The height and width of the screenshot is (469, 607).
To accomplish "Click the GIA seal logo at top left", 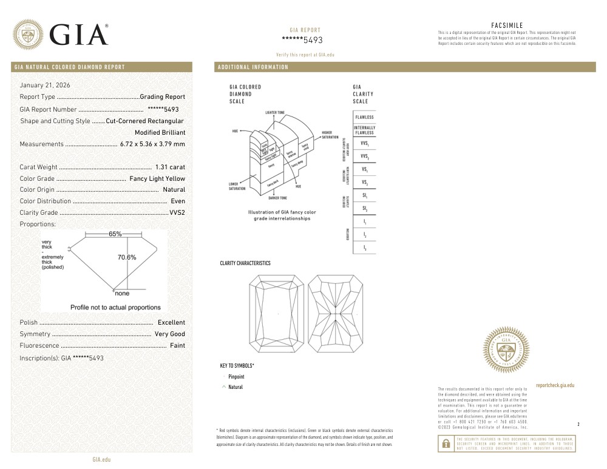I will (x=28, y=35).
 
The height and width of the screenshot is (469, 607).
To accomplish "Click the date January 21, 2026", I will (x=46, y=85).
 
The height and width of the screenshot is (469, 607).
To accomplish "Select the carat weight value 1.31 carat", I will (x=170, y=167).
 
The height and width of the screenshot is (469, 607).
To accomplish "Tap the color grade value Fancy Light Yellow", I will (x=157, y=178).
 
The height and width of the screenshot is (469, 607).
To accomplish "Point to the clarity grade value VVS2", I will (x=177, y=213).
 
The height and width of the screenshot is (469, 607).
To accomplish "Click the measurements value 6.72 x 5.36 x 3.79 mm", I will (x=152, y=144).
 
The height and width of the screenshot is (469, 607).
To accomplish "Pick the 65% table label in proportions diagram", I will (x=115, y=234).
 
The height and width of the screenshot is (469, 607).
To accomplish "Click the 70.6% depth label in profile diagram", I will (x=126, y=257).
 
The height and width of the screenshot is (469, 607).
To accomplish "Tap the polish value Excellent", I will (x=171, y=323).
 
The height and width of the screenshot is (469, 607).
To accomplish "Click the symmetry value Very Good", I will (x=170, y=334).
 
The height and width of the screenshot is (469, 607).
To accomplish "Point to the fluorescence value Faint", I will (x=177, y=346).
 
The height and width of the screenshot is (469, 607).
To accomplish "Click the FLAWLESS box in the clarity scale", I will (x=364, y=117).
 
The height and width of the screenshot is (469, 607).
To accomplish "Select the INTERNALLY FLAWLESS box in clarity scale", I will (x=364, y=130).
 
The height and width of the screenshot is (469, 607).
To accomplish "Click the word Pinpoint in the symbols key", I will (x=236, y=377).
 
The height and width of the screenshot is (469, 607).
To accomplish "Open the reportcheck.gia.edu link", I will (x=555, y=385).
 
